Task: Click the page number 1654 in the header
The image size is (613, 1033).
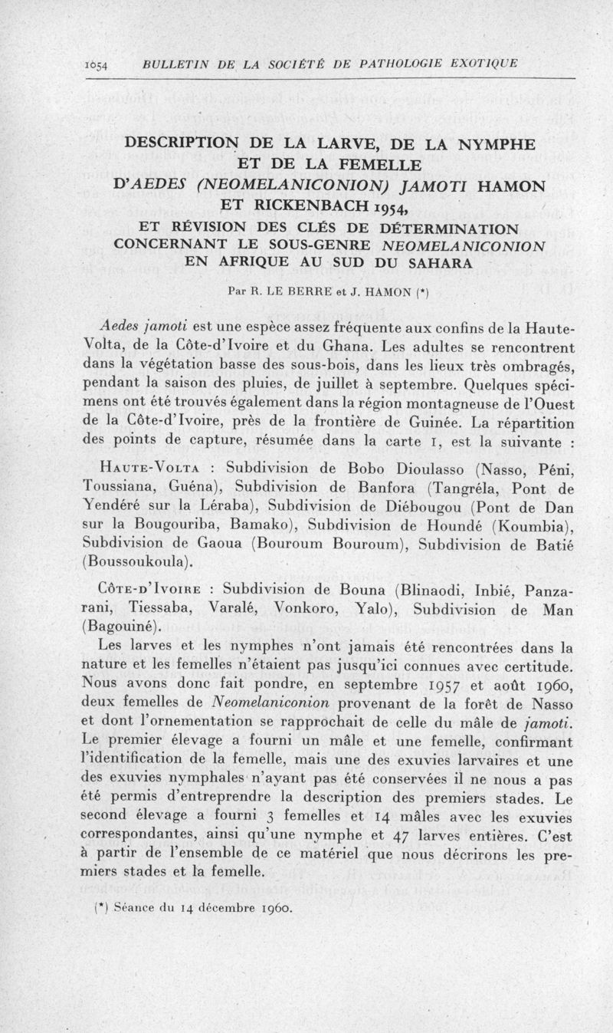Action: click(97, 64)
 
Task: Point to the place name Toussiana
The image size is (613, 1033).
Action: click(116, 486)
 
